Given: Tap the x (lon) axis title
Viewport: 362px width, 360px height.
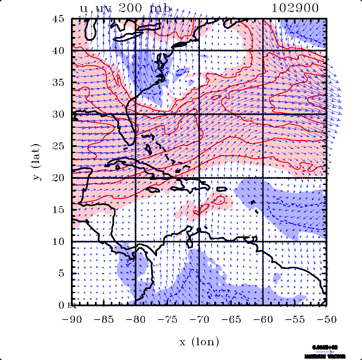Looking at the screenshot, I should [199, 342].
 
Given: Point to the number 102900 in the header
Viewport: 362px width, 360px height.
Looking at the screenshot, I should [295, 8].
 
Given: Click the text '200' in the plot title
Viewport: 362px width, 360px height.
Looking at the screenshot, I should [130, 8].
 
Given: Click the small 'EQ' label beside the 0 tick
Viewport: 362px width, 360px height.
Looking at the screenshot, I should [72, 305].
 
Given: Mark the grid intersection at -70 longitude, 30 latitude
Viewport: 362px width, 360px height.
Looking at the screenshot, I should [199, 114].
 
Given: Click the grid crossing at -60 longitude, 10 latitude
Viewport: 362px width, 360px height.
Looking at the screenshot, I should [263, 241].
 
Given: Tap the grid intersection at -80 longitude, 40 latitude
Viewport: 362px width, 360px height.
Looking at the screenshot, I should [136, 51].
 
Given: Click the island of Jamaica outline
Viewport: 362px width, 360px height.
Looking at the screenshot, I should [153, 189].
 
